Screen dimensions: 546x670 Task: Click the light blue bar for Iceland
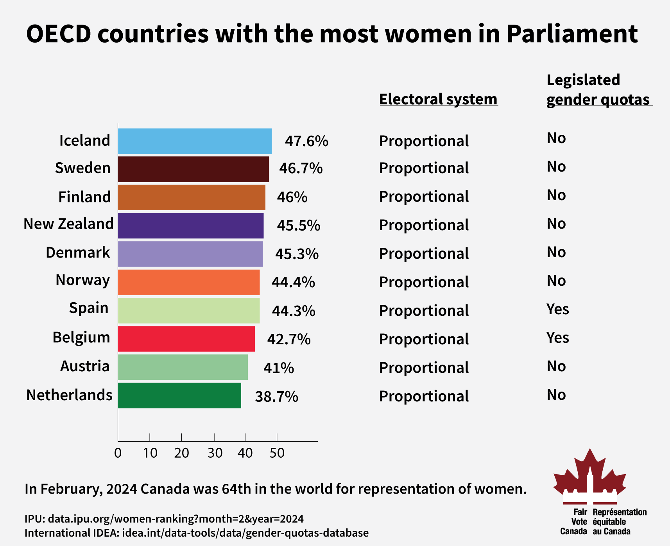195,141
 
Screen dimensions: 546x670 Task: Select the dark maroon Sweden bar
193,169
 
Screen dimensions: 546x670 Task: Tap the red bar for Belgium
186,339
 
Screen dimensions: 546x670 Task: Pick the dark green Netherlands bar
179,396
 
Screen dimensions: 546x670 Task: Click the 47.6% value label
306,141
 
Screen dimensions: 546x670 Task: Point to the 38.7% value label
276,397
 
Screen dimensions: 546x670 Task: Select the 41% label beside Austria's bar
278,368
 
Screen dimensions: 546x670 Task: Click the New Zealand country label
69,224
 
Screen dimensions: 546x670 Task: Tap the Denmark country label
78,252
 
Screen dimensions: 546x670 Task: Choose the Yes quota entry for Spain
557,309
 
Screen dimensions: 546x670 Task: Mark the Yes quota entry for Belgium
557,338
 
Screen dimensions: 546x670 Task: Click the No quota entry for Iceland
556,138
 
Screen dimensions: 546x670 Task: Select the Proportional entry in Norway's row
424,282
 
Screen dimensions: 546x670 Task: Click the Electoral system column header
438,99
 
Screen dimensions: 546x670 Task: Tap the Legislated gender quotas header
598,90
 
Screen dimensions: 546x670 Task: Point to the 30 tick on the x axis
215,453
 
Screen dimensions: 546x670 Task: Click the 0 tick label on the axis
118,453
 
